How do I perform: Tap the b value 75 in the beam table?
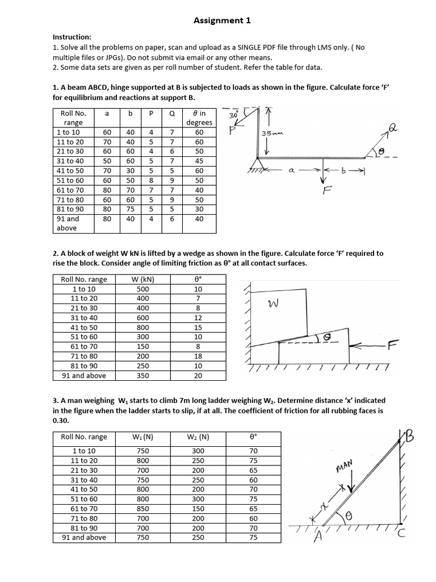pyautogui.click(x=131, y=209)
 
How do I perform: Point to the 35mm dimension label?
pyautogui.click(x=271, y=134)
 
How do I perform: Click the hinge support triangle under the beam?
pyautogui.click(x=259, y=164)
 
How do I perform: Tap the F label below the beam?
pyautogui.click(x=326, y=192)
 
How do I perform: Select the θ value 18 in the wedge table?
pyautogui.click(x=198, y=356)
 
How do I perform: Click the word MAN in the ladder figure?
pyautogui.click(x=345, y=467)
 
